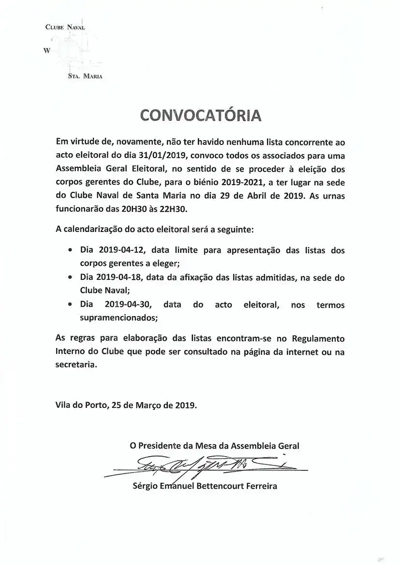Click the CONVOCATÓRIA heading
click(x=200, y=115)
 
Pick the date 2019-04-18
click(x=120, y=278)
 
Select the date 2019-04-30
click(x=128, y=305)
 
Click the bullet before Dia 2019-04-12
click(x=71, y=251)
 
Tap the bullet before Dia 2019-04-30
click(x=71, y=305)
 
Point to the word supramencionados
click(x=118, y=319)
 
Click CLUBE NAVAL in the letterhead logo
click(x=65, y=28)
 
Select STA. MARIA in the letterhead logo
click(x=85, y=76)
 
